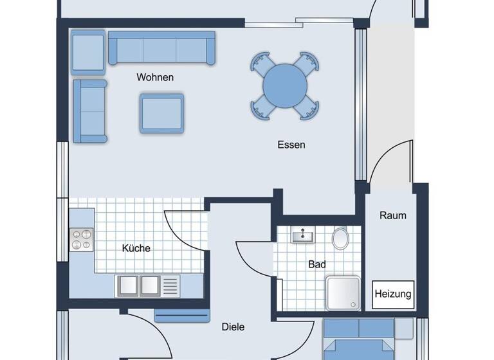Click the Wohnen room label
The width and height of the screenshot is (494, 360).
[x=155, y=77]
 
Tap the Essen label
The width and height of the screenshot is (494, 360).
[x=291, y=145]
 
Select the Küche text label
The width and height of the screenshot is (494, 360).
[x=136, y=248]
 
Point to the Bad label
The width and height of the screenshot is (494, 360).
[x=317, y=264]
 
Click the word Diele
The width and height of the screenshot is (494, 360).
[x=233, y=327]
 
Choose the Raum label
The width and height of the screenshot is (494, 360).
[x=392, y=215]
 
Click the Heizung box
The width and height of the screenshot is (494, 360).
[x=393, y=294]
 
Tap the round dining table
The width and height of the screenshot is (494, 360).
[x=286, y=85]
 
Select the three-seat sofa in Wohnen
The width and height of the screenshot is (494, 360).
[x=161, y=48]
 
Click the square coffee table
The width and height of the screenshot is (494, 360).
[x=162, y=113]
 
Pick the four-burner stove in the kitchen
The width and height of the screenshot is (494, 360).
[x=82, y=240]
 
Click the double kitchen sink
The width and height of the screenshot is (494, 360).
[x=140, y=284]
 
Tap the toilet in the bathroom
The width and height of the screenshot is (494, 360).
[x=340, y=239]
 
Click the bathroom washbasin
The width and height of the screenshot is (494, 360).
[x=302, y=237]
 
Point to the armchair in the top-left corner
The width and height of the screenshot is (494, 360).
[x=87, y=51]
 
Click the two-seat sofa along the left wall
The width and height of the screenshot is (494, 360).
[x=90, y=111]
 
